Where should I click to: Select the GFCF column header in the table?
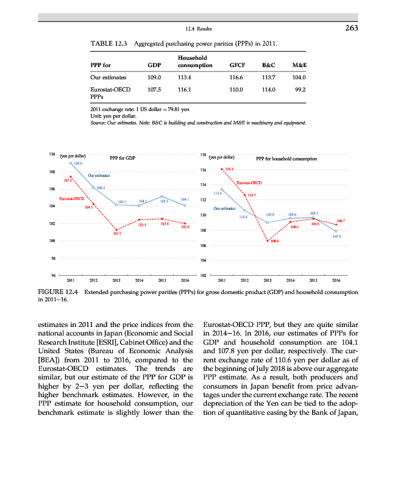237,64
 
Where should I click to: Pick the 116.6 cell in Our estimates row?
237,77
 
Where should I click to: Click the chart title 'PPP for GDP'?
121,158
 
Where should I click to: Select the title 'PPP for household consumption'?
286,158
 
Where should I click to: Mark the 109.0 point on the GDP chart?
71,163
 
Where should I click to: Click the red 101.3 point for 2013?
116,229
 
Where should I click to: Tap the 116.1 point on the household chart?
221,169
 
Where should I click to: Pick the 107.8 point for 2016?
336,231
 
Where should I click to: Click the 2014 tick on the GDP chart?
139,281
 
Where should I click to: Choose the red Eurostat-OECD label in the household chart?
249,182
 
